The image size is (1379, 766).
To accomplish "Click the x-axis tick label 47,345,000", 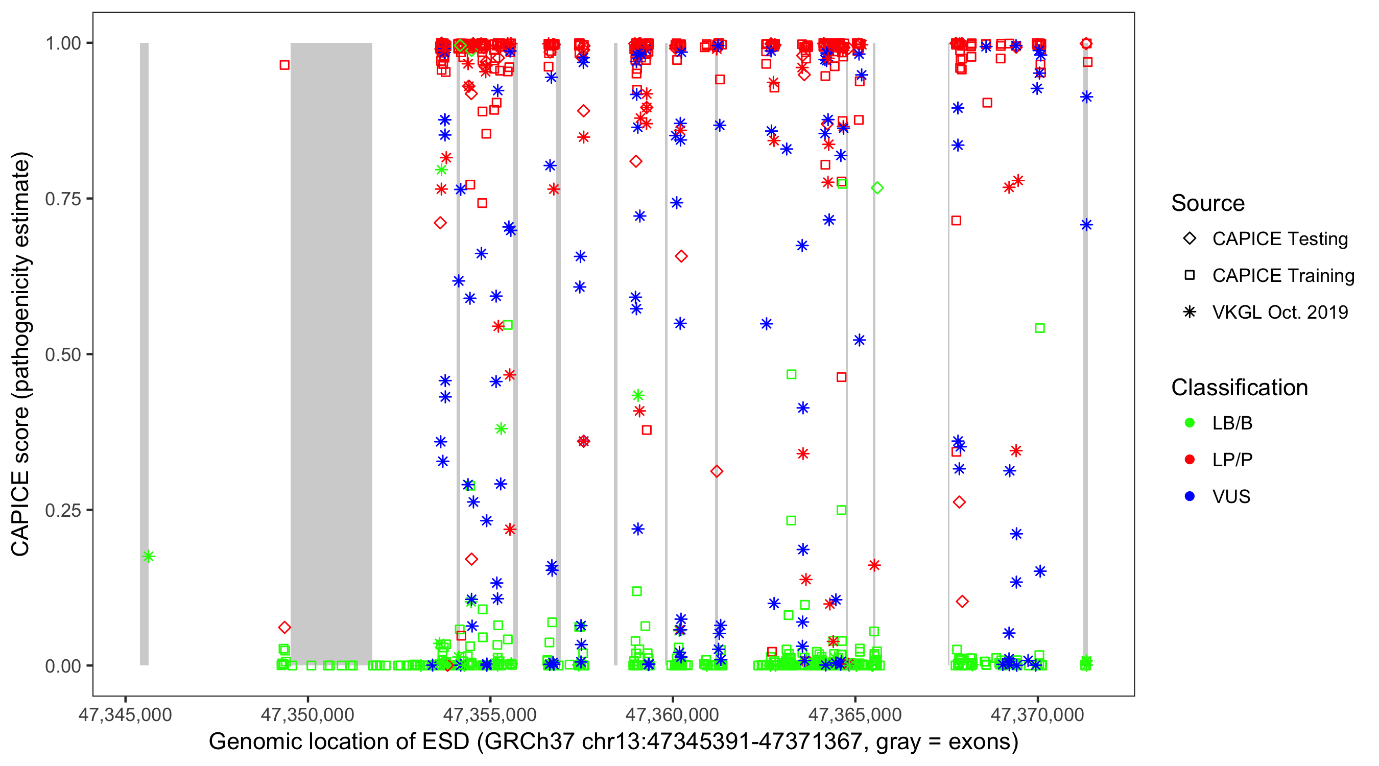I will click(x=125, y=714).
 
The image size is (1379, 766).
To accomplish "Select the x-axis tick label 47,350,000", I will click(x=307, y=714).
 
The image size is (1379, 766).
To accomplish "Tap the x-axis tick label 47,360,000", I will click(x=672, y=714).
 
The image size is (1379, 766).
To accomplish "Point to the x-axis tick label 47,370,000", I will click(x=1037, y=714).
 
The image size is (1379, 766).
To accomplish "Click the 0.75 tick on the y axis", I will click(x=63, y=199).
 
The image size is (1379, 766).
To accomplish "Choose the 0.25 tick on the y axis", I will click(x=63, y=510).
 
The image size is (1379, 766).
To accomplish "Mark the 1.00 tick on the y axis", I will click(x=63, y=43).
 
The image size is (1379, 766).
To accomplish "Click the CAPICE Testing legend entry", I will click(x=1279, y=239).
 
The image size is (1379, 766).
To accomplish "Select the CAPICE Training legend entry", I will click(x=1282, y=276).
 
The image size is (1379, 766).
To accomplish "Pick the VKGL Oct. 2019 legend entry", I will click(x=1279, y=312).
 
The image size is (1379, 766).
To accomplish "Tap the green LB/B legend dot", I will click(x=1190, y=423).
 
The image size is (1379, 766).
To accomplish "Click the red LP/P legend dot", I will click(x=1190, y=460).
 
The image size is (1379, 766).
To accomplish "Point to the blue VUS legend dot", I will click(x=1190, y=497).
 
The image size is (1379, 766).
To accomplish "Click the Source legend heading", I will click(x=1208, y=203).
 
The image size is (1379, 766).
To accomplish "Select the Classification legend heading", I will click(x=1239, y=388).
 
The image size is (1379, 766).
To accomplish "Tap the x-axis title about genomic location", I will click(x=613, y=742).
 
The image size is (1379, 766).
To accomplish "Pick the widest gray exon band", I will click(x=331, y=353).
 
